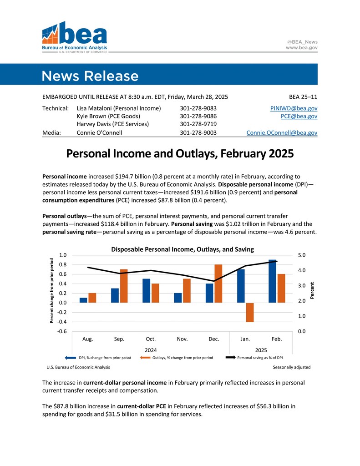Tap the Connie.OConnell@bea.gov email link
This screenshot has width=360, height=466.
282,133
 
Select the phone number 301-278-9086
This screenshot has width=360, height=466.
198,116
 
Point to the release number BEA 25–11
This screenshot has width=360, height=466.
303,96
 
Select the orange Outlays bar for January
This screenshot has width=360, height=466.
249,312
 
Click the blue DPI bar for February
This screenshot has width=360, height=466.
272,281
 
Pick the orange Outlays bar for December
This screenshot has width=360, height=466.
218,284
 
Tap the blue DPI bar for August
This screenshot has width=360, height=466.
83,300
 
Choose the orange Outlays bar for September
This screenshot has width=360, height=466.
124,286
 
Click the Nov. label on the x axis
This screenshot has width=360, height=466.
182,339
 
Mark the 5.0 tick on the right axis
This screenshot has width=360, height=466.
301,255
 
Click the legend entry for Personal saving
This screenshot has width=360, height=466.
259,358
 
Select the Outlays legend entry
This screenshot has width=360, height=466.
182,358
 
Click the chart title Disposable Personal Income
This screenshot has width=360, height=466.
182,249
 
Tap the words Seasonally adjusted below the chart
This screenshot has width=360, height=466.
292,367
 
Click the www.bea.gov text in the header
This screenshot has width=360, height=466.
302,47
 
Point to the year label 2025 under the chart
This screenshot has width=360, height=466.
261,350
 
